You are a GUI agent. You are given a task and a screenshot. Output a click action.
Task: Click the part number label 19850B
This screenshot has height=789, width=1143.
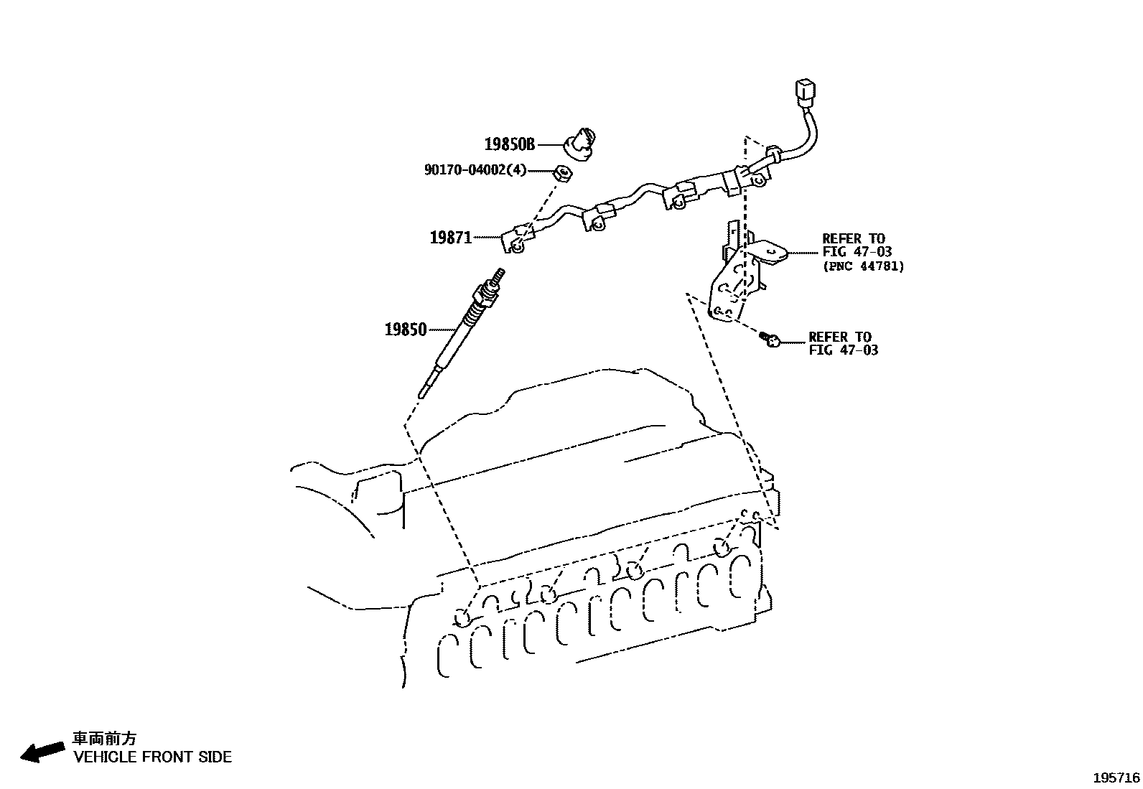(x=509, y=144)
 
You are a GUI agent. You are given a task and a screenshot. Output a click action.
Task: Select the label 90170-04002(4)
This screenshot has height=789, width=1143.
(x=475, y=170)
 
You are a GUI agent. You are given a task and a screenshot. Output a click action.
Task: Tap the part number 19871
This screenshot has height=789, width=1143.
(x=450, y=237)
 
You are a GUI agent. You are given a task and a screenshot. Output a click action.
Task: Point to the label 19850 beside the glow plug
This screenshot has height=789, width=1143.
(x=405, y=330)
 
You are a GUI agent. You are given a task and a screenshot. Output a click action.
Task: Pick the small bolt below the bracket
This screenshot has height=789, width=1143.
(x=770, y=338)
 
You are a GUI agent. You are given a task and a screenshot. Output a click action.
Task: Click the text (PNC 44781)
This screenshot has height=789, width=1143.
(x=862, y=266)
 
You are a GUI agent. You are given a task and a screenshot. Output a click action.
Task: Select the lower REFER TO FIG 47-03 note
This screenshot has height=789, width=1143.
(x=842, y=343)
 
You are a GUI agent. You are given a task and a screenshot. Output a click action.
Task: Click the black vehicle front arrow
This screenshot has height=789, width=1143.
(x=41, y=751)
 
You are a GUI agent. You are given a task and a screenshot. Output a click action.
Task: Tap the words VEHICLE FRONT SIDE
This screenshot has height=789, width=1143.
(x=152, y=757)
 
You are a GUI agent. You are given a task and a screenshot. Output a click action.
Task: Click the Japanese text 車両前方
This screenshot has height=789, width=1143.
(x=104, y=739)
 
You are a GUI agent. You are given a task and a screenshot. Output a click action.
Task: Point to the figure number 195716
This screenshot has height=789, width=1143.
(x=1116, y=778)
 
